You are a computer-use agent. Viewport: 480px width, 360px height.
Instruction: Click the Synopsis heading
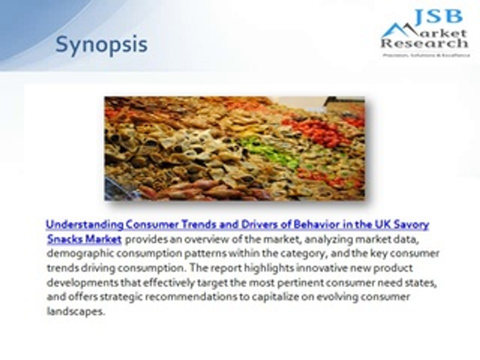click(x=101, y=44)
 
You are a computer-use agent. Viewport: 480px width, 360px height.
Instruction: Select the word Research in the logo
click(x=424, y=44)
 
